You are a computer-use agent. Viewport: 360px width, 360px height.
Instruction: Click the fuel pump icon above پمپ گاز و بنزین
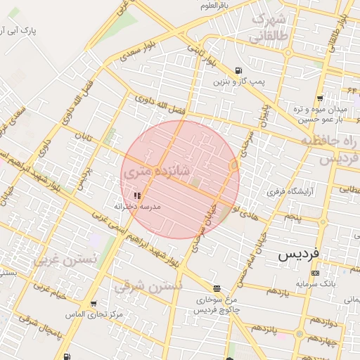pyautogui.click(x=239, y=71)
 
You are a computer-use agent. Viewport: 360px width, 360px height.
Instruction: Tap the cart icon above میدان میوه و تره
pyautogui.click(x=321, y=98)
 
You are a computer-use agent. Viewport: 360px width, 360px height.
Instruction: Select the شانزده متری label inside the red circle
pyautogui.click(x=157, y=173)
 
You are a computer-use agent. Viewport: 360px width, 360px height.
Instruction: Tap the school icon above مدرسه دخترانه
pyautogui.click(x=137, y=196)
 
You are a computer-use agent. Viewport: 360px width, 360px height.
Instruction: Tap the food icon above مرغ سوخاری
pyautogui.click(x=217, y=288)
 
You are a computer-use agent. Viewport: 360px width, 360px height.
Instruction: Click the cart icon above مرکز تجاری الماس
pyautogui.click(x=94, y=304)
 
